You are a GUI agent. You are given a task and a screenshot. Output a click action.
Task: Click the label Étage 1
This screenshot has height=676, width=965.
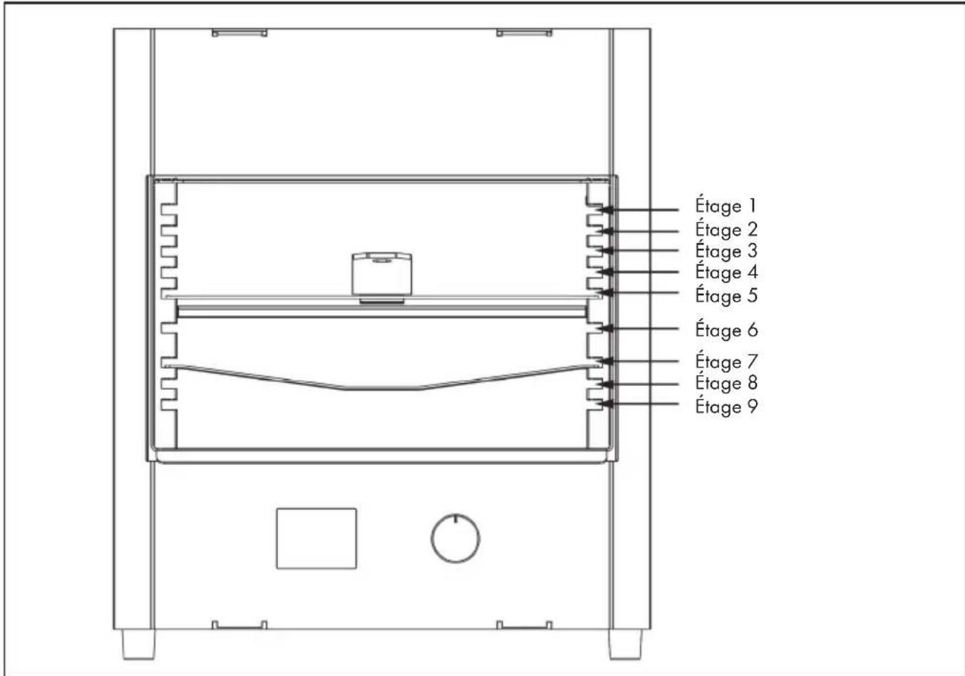tap(726, 205)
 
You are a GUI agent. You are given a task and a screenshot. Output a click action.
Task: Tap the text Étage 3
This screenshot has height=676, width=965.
tap(726, 251)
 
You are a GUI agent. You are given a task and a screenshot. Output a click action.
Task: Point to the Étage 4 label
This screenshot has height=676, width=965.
tap(726, 272)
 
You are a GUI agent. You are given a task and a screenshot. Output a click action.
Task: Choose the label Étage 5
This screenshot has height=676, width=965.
tap(726, 295)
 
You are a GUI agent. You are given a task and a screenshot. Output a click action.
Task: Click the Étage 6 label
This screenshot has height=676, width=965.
tap(726, 330)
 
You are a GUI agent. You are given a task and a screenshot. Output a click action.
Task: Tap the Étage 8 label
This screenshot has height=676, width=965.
tap(726, 383)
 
